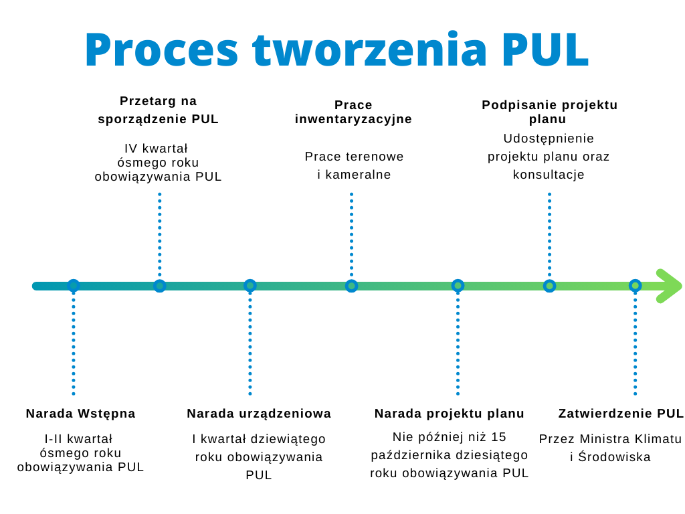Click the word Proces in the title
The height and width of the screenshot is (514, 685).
point(161,50)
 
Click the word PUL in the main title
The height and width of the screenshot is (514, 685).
point(545,50)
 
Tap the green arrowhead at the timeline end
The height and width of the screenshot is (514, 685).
point(668,286)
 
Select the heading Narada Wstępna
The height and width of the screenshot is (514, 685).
point(80,414)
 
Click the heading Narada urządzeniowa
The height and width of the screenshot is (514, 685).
point(259,414)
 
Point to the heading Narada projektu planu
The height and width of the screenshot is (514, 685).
point(450,414)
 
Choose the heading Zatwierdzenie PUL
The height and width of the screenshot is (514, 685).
point(621,414)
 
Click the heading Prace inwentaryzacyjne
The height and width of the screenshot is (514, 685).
point(353,112)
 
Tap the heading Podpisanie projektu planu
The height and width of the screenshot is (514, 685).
point(549,112)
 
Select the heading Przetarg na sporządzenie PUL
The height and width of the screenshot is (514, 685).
point(159,110)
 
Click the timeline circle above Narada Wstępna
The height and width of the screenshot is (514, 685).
point(74,286)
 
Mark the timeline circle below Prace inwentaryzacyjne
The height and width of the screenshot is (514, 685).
point(351,286)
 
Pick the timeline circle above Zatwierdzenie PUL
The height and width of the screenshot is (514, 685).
point(635,286)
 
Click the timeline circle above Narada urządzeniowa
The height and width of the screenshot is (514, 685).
point(250,286)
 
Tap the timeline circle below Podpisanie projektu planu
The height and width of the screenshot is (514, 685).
point(549,286)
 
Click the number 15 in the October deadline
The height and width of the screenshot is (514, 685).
point(499,437)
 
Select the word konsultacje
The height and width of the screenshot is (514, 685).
point(549,175)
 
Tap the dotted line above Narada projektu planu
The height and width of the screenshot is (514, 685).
point(458,341)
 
